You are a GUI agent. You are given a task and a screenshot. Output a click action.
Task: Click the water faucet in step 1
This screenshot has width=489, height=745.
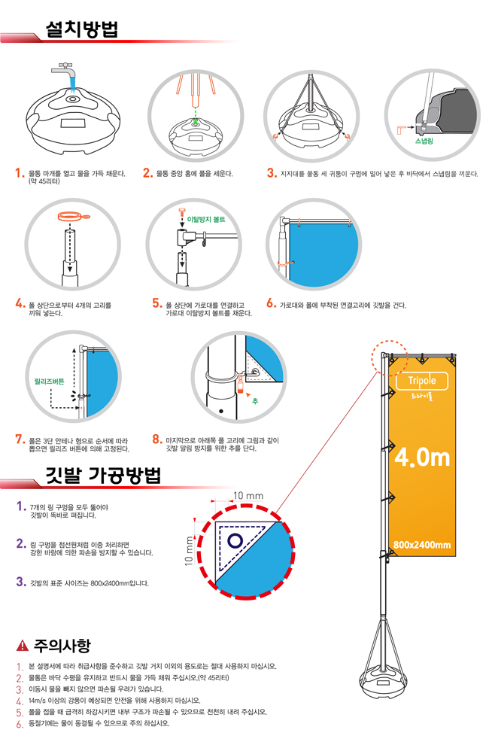(66, 74)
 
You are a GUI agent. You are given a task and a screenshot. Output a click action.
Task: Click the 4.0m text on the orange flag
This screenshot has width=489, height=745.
(421, 457)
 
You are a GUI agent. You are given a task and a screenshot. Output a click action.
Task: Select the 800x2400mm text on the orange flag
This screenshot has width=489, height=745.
(421, 545)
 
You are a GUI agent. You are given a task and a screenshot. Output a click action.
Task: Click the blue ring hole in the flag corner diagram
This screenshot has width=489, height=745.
(235, 540)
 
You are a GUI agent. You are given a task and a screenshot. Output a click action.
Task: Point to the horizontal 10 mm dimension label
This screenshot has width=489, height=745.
(248, 496)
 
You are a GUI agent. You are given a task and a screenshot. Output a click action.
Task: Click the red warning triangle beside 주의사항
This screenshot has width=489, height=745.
(22, 646)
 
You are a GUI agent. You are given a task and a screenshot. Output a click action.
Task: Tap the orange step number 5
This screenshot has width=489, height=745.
(157, 304)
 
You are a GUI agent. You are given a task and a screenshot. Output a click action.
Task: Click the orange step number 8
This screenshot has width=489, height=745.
(157, 439)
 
